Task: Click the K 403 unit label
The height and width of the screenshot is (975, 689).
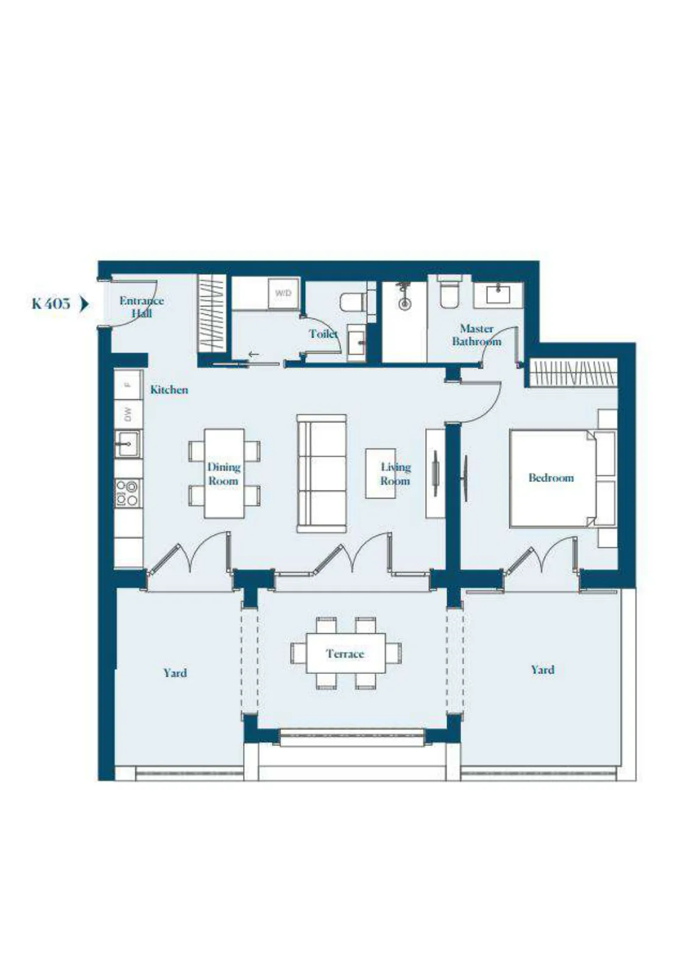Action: click(x=51, y=303)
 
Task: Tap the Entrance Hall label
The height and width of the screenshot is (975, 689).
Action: click(x=141, y=307)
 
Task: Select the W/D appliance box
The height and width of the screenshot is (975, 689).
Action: click(x=283, y=293)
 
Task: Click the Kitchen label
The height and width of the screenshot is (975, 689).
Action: click(x=169, y=389)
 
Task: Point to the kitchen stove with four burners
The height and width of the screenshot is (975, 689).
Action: click(x=128, y=493)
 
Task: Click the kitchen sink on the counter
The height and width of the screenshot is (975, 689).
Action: click(x=128, y=444)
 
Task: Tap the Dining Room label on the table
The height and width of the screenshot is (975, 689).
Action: click(x=224, y=474)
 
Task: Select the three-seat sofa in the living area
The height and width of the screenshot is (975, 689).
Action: click(x=322, y=473)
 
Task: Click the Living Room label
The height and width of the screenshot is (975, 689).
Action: click(x=395, y=474)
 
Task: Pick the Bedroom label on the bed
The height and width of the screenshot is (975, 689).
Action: click(x=551, y=478)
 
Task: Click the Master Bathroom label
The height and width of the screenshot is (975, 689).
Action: click(x=476, y=335)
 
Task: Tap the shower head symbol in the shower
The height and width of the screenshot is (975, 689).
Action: click(x=405, y=297)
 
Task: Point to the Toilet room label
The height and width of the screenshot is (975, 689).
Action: click(x=323, y=334)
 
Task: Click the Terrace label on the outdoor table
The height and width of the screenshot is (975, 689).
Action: click(x=345, y=654)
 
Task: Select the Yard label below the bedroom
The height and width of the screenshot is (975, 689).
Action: click(x=542, y=670)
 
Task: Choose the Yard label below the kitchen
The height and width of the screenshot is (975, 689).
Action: click(x=175, y=673)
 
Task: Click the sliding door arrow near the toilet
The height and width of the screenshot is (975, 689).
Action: click(x=254, y=355)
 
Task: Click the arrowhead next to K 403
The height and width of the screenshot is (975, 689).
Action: click(x=85, y=304)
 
